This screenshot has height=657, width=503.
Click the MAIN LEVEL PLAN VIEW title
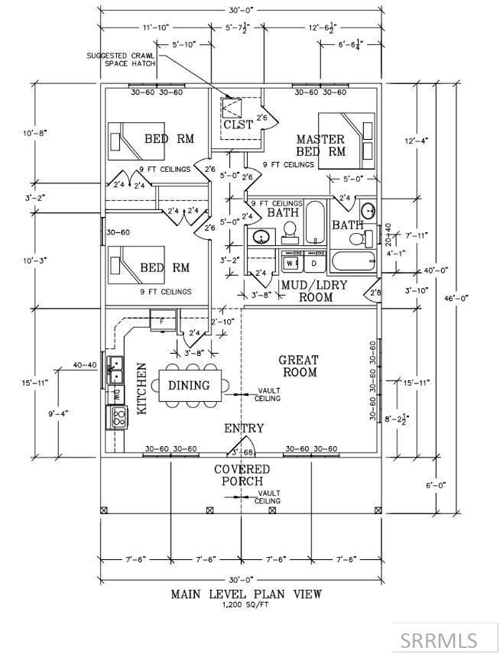click(x=246, y=594)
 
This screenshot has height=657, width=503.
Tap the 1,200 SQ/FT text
click(x=246, y=605)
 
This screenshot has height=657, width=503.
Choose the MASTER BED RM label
click(x=320, y=145)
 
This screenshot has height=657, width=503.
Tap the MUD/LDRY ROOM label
click(x=303, y=291)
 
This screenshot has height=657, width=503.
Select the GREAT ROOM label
click(x=298, y=366)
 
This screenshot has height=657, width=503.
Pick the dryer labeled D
click(x=314, y=263)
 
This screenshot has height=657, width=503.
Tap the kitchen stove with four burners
click(x=119, y=416)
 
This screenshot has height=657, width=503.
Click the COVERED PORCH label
click(x=242, y=474)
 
